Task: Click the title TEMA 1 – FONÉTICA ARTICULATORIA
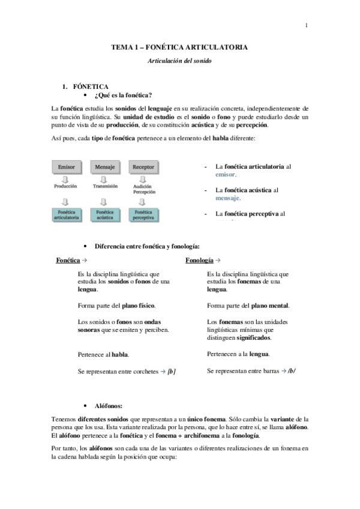(x=180, y=47)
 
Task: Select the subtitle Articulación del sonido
(x=179, y=61)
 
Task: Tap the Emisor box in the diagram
(x=66, y=166)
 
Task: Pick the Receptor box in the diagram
(x=143, y=166)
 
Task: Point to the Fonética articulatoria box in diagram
(x=66, y=215)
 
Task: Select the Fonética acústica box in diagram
(x=105, y=215)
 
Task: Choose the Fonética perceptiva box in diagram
(x=143, y=215)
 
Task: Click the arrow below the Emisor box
(x=66, y=178)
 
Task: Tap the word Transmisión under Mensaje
(x=105, y=187)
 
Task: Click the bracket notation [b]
(x=172, y=372)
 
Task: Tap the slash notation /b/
(x=292, y=372)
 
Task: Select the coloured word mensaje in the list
(x=228, y=197)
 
